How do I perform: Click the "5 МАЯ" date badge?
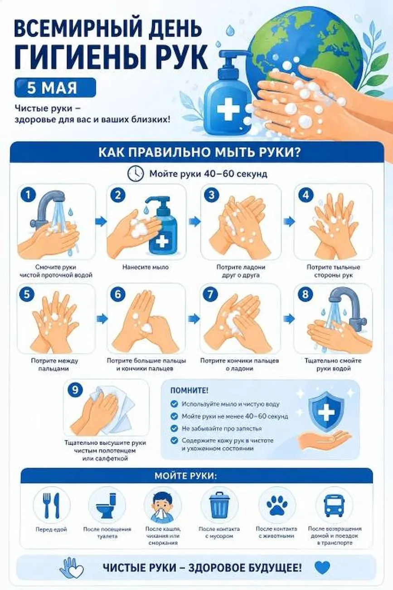(55, 88)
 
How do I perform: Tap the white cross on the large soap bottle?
(228, 109)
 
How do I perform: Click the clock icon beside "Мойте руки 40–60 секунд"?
(136, 173)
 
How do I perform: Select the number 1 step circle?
(28, 195)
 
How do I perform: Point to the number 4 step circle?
(306, 195)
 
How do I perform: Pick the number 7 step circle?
(210, 294)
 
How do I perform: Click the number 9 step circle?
(75, 389)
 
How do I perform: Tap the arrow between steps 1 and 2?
(101, 221)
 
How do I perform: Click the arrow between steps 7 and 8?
(289, 319)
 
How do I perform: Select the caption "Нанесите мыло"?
(146, 267)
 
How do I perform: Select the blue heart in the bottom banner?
(322, 568)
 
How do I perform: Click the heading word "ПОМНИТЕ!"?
(189, 390)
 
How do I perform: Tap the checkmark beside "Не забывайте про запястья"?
(174, 428)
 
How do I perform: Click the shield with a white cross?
(326, 412)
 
